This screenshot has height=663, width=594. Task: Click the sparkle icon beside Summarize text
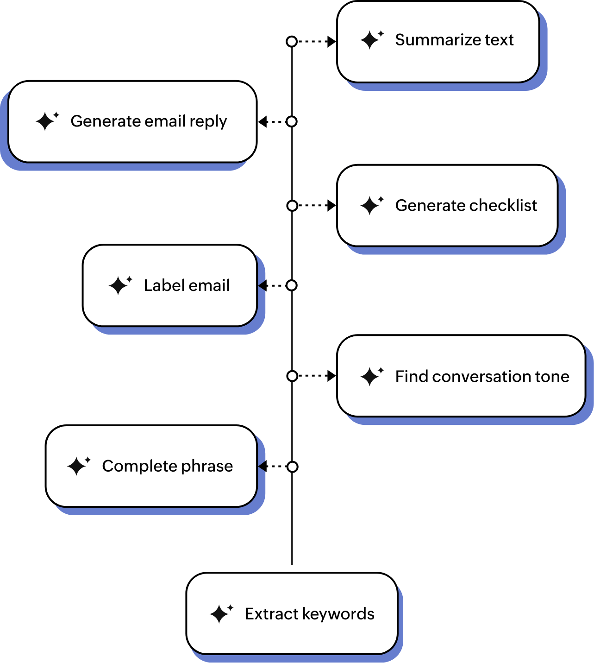tap(372, 40)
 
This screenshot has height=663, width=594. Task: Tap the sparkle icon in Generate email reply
tap(47, 121)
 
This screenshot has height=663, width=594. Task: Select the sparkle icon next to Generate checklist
tap(372, 205)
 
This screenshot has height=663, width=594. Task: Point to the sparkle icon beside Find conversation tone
tap(372, 376)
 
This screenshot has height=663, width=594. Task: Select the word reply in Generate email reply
tap(208, 121)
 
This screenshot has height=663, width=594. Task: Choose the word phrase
tap(207, 466)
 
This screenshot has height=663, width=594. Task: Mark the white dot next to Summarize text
tap(292, 42)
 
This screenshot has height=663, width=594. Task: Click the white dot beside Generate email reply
tap(292, 121)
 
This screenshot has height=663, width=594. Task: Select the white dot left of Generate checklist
tap(292, 206)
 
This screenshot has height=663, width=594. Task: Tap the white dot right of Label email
tap(292, 285)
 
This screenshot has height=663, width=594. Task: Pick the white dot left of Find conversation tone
tap(292, 376)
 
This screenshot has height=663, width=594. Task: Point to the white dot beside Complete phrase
tap(292, 467)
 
